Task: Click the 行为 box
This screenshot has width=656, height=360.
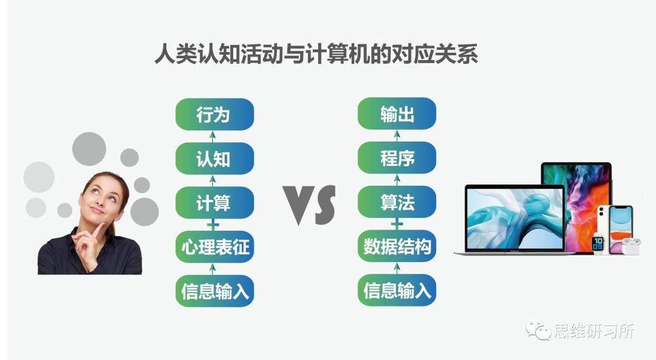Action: point(214,114)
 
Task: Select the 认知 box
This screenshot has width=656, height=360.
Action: point(214,158)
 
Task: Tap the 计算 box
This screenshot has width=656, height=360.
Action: point(214,202)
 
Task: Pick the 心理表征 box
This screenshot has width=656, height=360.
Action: point(214,246)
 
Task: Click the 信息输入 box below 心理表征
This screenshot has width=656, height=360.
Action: point(214,291)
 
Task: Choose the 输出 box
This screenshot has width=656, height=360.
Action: point(397,114)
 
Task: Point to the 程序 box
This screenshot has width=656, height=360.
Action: point(397,158)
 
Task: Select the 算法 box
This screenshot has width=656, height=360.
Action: point(397,202)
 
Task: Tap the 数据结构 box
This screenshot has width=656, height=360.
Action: point(397,246)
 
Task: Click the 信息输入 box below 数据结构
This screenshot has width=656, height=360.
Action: point(397,291)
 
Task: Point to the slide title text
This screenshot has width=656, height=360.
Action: point(316,54)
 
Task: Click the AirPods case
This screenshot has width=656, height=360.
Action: point(629,246)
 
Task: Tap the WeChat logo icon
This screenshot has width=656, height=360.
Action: point(538,331)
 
